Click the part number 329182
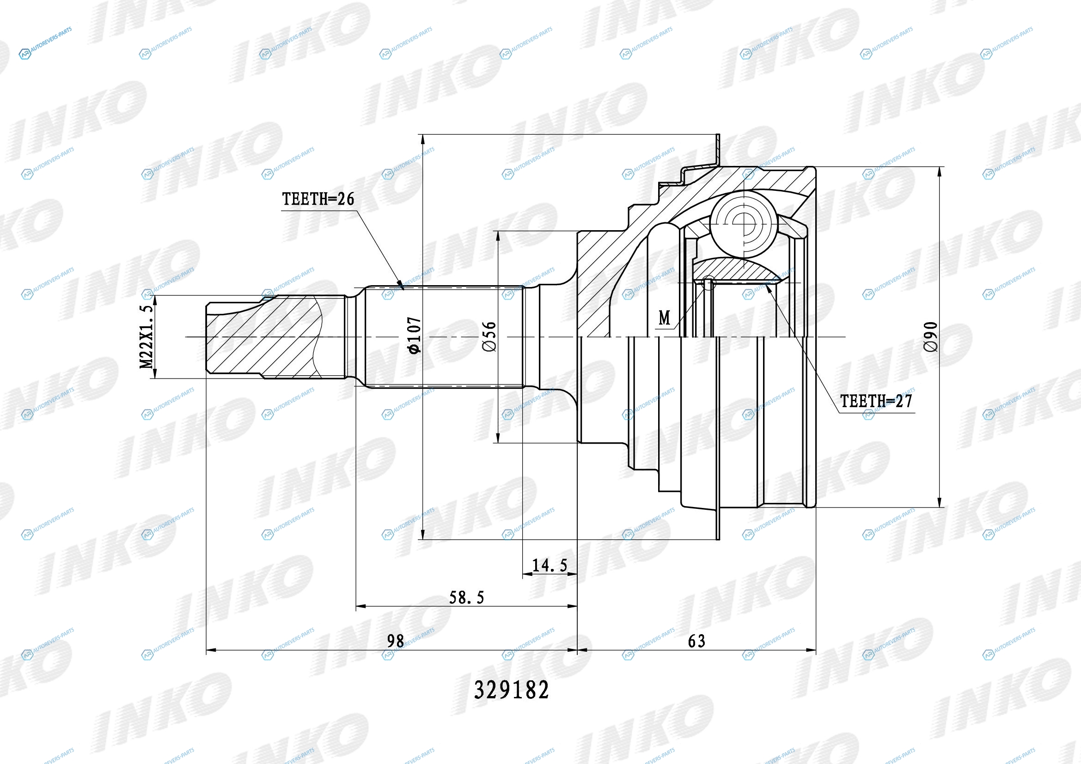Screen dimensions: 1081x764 511,691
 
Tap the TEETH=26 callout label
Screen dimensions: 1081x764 318,199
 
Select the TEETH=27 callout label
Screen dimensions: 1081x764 876,401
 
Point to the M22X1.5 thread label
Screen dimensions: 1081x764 147,336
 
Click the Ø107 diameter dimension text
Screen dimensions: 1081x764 414,335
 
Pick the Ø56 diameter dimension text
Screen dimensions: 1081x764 489,336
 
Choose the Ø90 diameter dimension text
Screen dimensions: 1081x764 931,336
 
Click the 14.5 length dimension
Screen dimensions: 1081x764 550,565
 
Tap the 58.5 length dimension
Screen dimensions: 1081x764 466,597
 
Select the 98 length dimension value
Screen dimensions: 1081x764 396,641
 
